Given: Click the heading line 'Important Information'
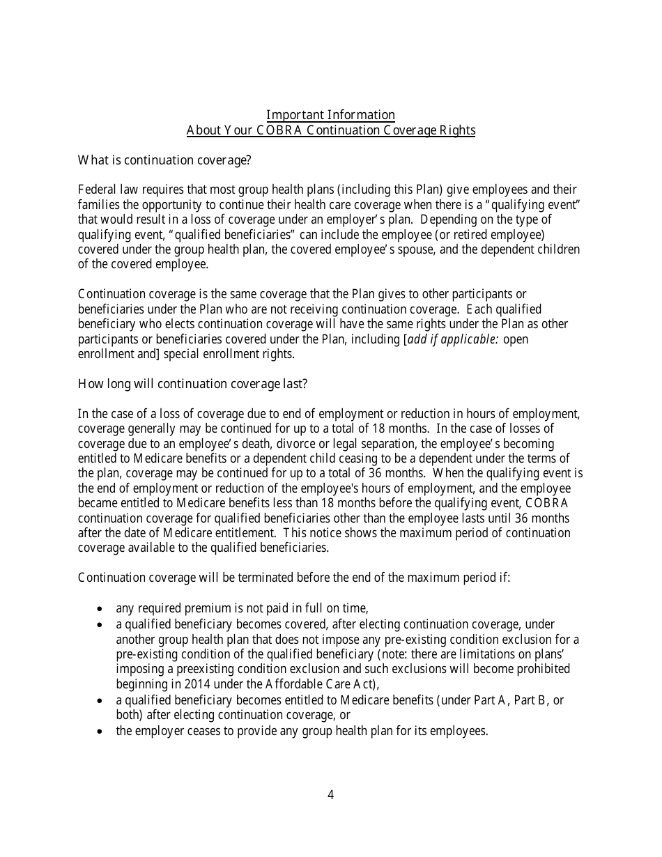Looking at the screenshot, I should (330, 115).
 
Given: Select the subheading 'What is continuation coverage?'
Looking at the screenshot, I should (164, 160).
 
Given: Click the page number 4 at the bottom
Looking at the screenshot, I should (330, 795).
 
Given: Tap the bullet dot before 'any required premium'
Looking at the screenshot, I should (100, 608).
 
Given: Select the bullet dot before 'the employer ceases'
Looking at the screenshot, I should (100, 732).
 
